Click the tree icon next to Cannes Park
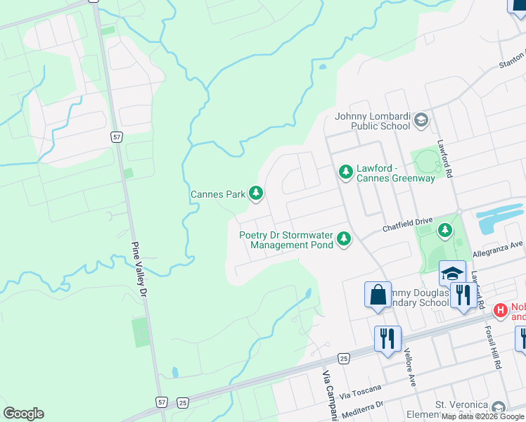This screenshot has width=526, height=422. [x=256, y=193]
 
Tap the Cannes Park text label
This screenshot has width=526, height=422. [x=217, y=194]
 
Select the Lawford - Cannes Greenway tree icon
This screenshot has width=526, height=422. [x=345, y=171]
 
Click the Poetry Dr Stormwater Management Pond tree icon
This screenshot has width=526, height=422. [x=344, y=240]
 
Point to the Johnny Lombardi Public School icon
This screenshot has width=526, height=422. [x=421, y=120]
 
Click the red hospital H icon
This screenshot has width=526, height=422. [x=501, y=309]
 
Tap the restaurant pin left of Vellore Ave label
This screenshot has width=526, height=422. [x=387, y=338]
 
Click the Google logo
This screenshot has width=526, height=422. [x=23, y=414]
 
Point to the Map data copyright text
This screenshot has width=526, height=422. [x=483, y=416]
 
